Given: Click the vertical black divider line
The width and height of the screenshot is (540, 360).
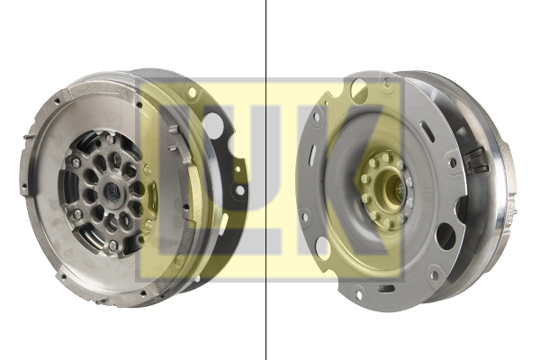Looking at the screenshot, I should (x=266, y=180).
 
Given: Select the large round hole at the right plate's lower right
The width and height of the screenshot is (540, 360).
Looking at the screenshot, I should (x=445, y=237).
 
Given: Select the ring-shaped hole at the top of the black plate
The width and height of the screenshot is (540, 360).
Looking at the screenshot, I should (x=193, y=94).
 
